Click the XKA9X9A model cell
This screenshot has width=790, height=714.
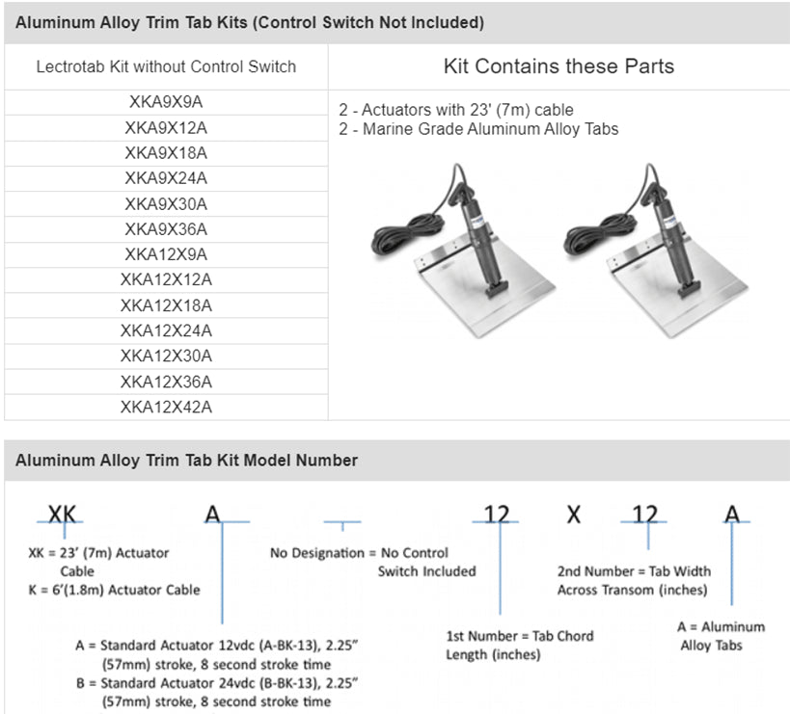[166, 102]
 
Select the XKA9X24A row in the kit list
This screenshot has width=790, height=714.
[166, 178]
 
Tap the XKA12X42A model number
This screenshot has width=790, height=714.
[166, 407]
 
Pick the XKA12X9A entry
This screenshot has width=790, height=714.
[166, 254]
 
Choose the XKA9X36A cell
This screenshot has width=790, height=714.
[166, 229]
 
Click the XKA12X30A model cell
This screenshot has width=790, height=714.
[166, 356]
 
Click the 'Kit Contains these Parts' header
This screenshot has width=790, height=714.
[558, 66]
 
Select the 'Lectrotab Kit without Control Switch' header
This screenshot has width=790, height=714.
[166, 67]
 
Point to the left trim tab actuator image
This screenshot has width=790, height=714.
[463, 251]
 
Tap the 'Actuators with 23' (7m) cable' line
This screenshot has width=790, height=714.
[456, 110]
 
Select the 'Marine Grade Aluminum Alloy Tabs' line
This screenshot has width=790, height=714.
[478, 128]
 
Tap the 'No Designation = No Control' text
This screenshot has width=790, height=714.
[359, 553]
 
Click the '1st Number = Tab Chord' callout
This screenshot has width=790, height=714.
[519, 636]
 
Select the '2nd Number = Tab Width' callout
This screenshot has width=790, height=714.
[634, 571]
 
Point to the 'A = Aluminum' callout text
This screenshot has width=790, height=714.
[721, 627]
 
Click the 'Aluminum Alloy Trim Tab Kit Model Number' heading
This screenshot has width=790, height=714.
[186, 461]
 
